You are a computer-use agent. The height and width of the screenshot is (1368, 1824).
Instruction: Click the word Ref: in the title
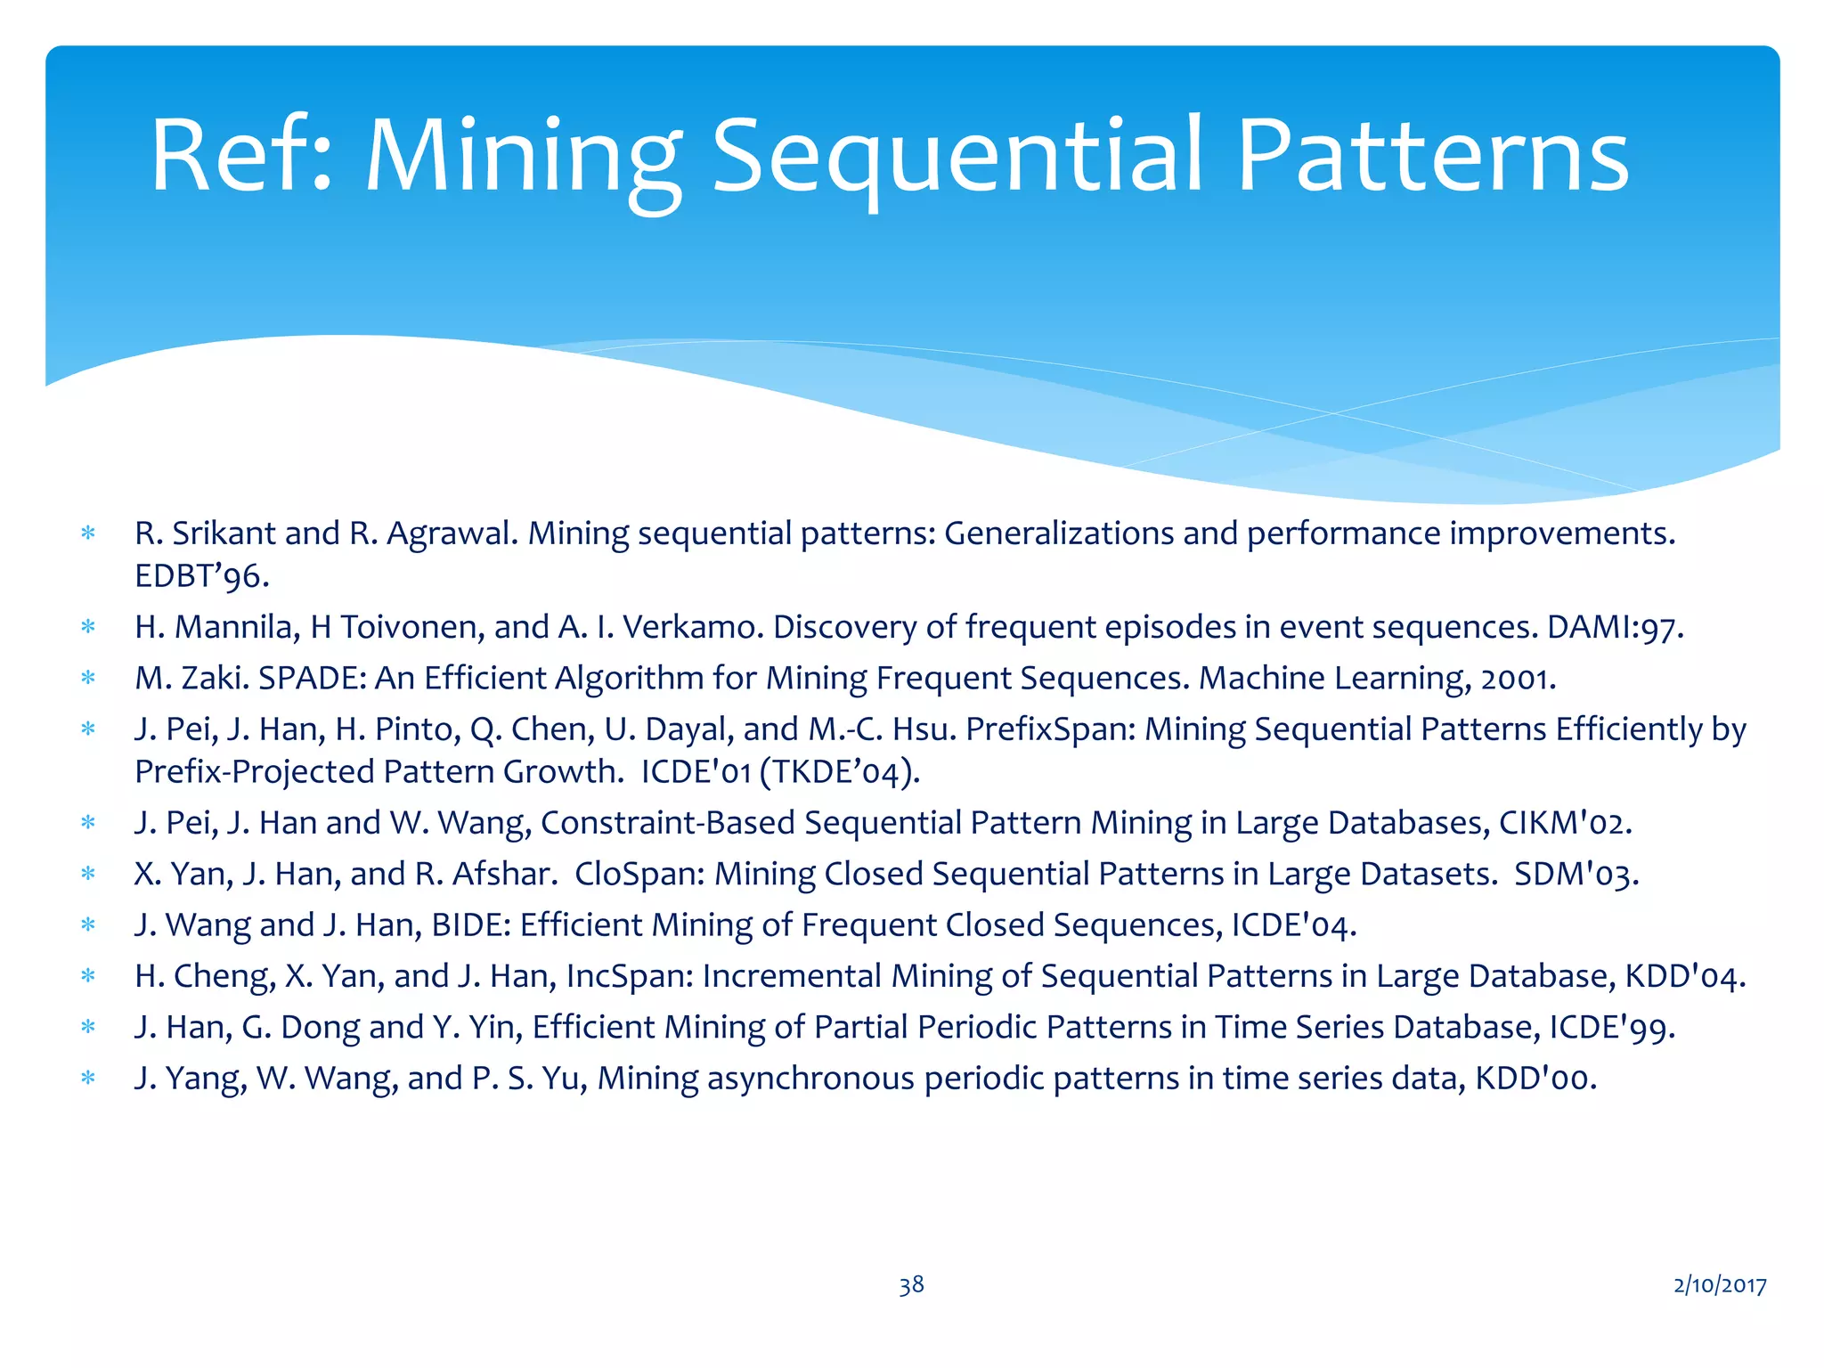(x=241, y=157)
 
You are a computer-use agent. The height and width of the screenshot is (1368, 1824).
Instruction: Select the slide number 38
(x=911, y=1284)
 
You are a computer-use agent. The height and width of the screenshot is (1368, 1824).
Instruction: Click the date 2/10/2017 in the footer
(x=1720, y=1284)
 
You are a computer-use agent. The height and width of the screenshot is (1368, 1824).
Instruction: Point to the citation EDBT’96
(x=201, y=576)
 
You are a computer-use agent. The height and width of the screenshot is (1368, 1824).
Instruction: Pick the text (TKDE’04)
(x=840, y=771)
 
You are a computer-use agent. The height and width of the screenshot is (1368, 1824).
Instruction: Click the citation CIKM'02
(x=1565, y=822)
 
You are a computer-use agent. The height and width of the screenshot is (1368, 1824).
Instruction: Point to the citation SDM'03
(x=1576, y=874)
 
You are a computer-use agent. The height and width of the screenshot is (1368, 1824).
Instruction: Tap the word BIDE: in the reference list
(x=471, y=924)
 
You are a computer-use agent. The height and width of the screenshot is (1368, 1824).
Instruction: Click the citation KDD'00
(x=1535, y=1078)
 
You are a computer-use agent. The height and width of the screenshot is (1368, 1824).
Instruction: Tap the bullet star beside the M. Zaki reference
(x=88, y=679)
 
